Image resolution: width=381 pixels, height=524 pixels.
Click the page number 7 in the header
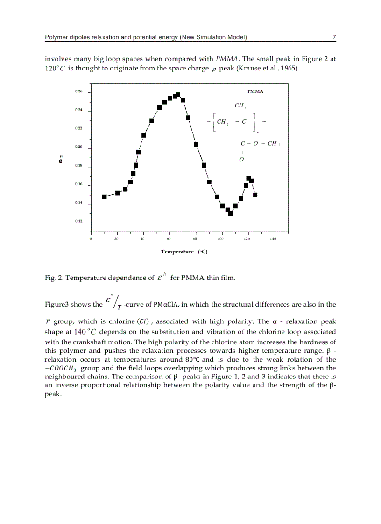[334, 37]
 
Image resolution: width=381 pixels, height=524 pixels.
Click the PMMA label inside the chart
[255, 91]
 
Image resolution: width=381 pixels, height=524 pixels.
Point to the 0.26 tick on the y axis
[78, 91]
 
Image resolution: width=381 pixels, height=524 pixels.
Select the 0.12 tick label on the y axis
[78, 221]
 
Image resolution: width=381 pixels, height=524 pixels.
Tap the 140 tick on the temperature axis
[273, 238]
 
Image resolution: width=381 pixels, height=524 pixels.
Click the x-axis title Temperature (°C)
[184, 252]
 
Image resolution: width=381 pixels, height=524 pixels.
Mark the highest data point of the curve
[177, 95]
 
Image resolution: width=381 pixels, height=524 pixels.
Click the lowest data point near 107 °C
[230, 213]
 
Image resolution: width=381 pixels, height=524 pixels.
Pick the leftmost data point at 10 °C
[104, 197]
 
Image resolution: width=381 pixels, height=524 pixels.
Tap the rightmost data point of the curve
[255, 195]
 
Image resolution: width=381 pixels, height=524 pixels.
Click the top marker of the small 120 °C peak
[248, 178]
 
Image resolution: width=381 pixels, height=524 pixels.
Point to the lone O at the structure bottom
[241, 160]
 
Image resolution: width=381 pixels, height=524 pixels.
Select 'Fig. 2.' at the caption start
[54, 278]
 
